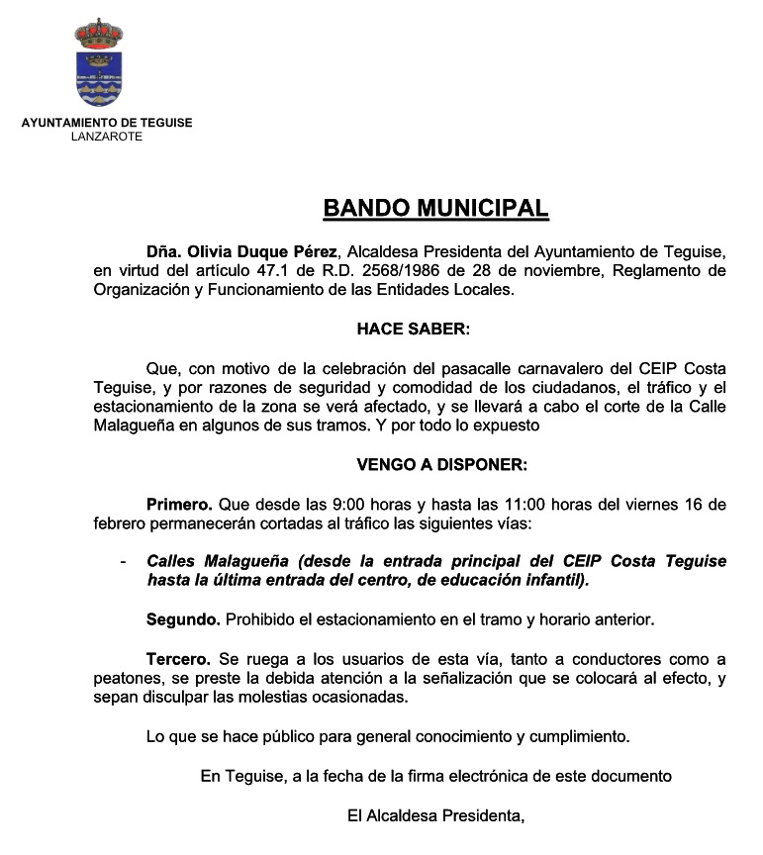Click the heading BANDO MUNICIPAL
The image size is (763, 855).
tap(435, 209)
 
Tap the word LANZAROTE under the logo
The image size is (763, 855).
tap(107, 137)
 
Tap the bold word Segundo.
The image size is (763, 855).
tap(183, 619)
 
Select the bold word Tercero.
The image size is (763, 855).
tap(178, 658)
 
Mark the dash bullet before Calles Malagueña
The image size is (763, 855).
tap(122, 561)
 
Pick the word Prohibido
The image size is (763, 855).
tap(261, 619)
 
